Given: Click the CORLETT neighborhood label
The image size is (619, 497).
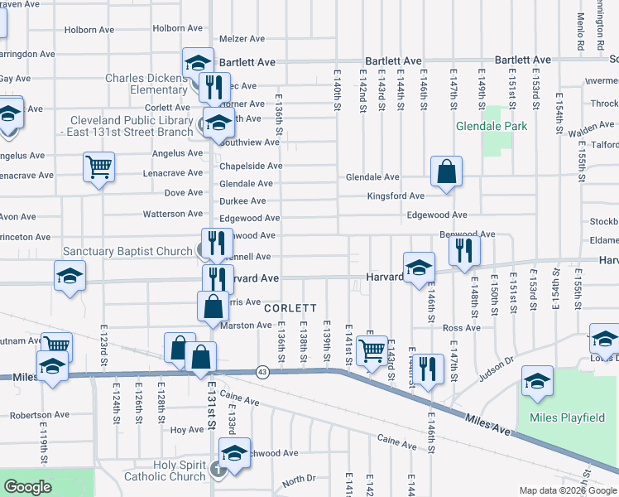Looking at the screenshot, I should (290, 307).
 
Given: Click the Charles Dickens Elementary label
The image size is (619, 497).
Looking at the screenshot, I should (146, 84).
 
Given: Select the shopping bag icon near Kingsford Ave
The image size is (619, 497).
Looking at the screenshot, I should (446, 172).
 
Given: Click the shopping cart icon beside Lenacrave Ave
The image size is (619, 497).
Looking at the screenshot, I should (98, 167).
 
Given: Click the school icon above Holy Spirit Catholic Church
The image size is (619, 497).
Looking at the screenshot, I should (234, 453).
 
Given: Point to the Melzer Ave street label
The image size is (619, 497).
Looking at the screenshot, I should (242, 39).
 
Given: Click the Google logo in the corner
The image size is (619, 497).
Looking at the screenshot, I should (28, 487).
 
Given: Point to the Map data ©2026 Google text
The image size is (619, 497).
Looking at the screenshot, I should (566, 490).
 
